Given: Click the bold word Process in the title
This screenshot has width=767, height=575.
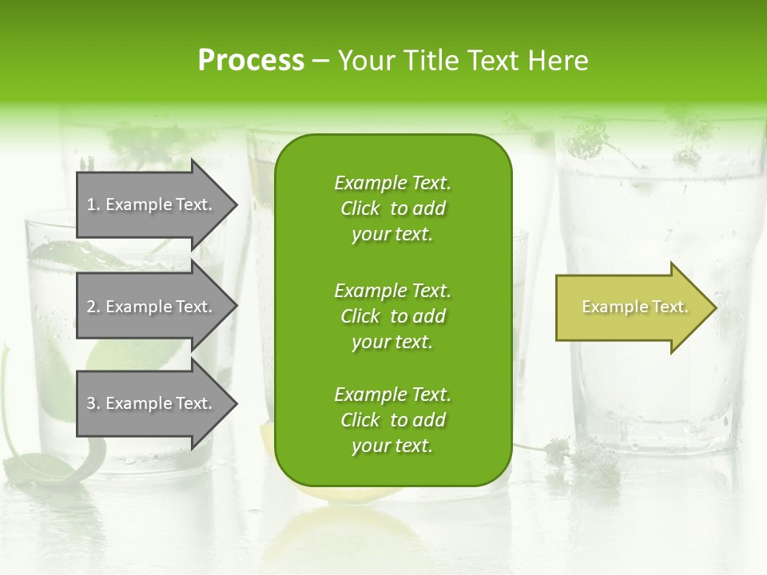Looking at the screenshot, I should tap(251, 61).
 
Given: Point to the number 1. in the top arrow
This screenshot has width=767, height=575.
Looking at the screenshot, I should tap(93, 204).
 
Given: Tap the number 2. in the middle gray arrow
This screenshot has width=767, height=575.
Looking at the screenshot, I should tap(93, 307).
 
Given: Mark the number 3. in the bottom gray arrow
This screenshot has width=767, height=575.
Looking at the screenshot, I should tap(93, 403).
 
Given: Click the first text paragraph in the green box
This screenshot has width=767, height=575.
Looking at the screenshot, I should tap(392, 208).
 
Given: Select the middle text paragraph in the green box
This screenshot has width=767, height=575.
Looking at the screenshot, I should tap(392, 316).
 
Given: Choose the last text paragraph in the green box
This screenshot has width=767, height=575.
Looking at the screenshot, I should tap(392, 420).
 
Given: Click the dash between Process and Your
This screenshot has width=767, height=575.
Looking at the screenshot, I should tap(320, 61).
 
